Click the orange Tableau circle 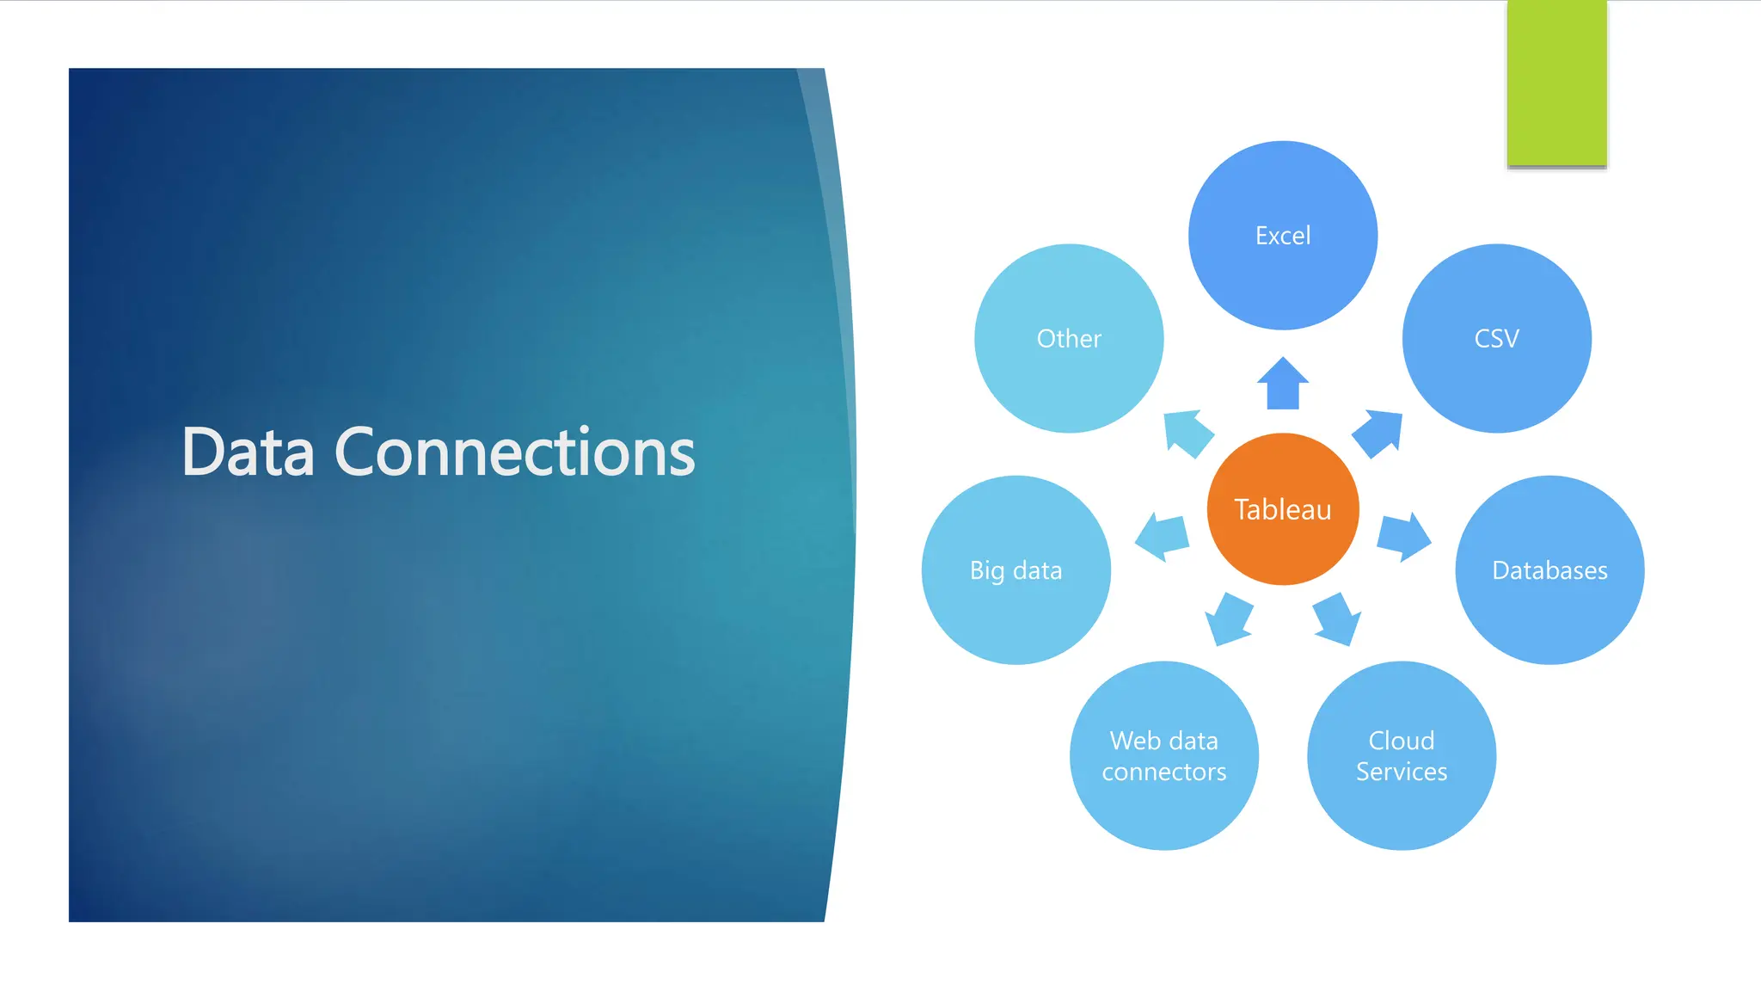click(x=1283, y=509)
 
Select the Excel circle click(x=1283, y=235)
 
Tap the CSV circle click(x=1496, y=338)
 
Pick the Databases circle click(x=1549, y=569)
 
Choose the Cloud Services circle click(x=1402, y=755)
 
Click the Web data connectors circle click(x=1164, y=755)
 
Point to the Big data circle click(x=1015, y=569)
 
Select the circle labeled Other click(x=1069, y=338)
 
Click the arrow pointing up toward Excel click(x=1283, y=385)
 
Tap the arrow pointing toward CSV click(x=1378, y=433)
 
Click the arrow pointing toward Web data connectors click(x=1229, y=619)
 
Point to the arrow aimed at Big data click(x=1163, y=537)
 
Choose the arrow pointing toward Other click(x=1187, y=433)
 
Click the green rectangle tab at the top click(x=1556, y=83)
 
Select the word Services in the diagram click(x=1402, y=772)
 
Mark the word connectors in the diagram click(x=1164, y=772)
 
